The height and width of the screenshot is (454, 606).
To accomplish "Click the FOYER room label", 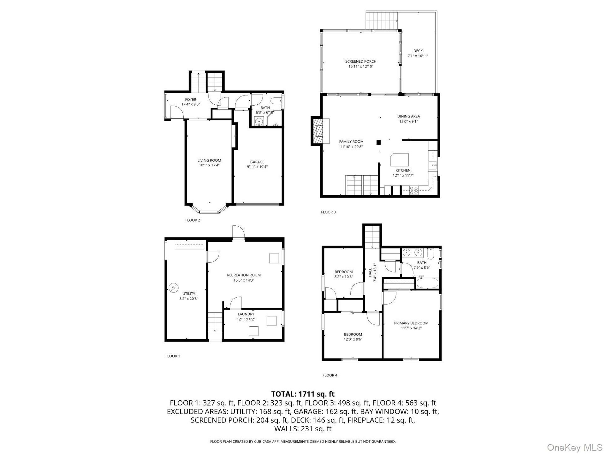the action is tap(191, 100).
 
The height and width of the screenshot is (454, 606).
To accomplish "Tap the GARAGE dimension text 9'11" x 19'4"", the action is tap(257, 167).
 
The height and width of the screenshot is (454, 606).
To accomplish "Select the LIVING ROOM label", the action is tap(209, 160).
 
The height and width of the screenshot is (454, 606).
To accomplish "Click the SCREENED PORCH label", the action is tap(361, 61).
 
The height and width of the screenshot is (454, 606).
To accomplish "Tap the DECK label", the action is tap(418, 51).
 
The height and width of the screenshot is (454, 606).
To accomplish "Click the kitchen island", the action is tap(400, 160).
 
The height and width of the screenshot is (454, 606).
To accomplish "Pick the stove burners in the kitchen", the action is tap(414, 190).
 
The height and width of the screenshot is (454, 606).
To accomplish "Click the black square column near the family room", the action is tap(379, 142).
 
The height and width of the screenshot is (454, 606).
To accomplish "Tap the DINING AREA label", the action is tap(408, 116).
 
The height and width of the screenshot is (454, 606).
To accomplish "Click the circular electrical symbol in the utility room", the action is tap(173, 288).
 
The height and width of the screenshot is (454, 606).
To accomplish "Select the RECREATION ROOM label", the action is tap(244, 275).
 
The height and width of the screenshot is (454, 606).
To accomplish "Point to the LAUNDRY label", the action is tap(246, 314).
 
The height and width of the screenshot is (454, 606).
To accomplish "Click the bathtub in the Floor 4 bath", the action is tap(427, 282).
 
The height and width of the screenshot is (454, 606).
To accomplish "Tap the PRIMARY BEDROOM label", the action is tap(411, 323).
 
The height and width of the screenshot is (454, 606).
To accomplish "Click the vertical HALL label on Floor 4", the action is tap(370, 273).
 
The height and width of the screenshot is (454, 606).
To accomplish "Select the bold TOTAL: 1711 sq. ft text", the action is tap(303, 394).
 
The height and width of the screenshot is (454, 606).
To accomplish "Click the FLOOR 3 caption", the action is tap(328, 212).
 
